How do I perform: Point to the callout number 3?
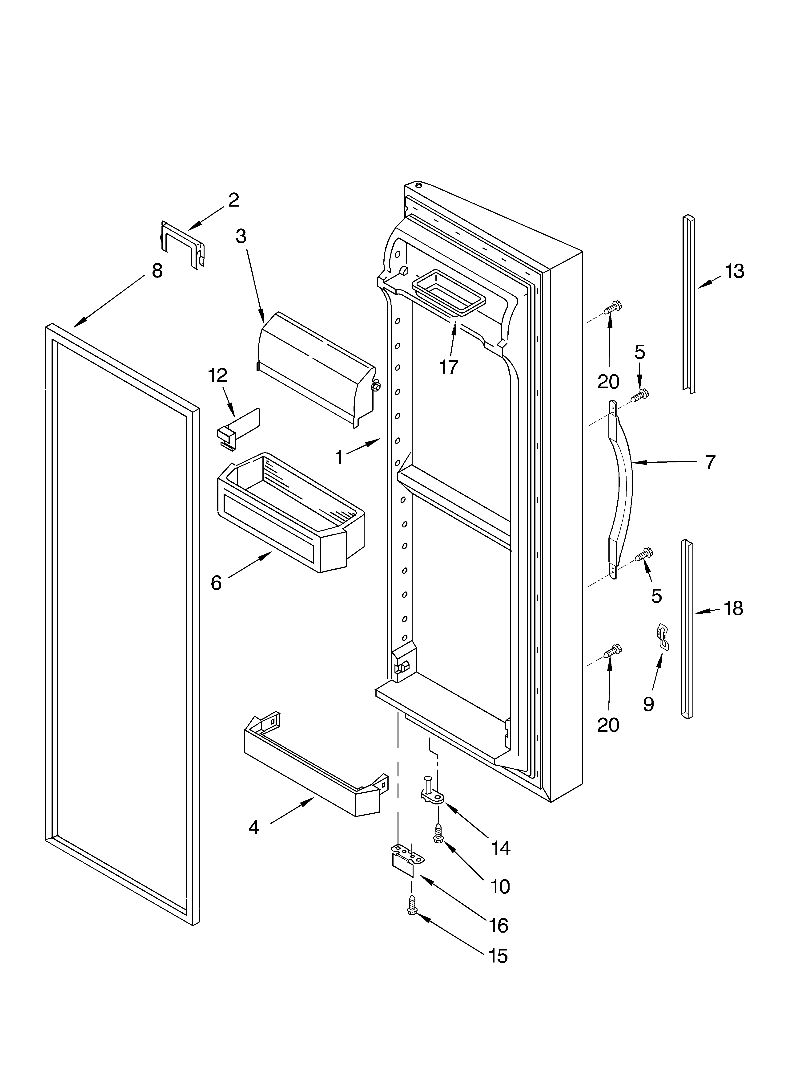pyautogui.click(x=241, y=236)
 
